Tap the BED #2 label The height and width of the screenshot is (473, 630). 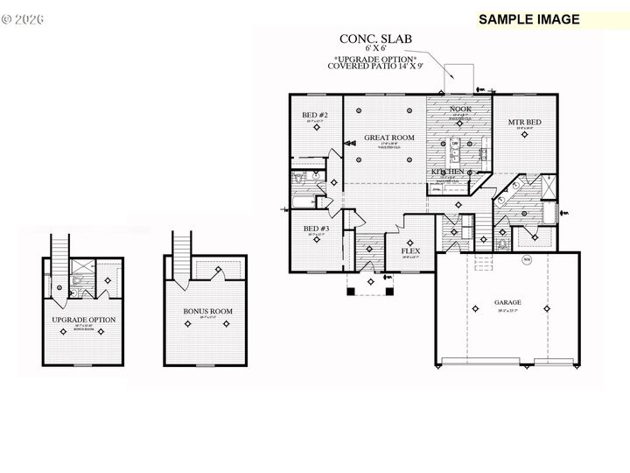[315, 116]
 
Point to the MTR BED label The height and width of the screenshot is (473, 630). [523, 122]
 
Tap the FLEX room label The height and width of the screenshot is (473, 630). [409, 251]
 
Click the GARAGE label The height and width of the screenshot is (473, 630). [507, 302]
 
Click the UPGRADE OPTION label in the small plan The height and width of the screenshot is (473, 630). [84, 320]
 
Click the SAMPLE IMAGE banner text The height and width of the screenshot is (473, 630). [528, 19]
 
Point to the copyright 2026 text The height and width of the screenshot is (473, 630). [24, 18]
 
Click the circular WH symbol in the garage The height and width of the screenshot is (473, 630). [527, 260]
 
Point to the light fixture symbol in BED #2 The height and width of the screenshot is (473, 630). [316, 127]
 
